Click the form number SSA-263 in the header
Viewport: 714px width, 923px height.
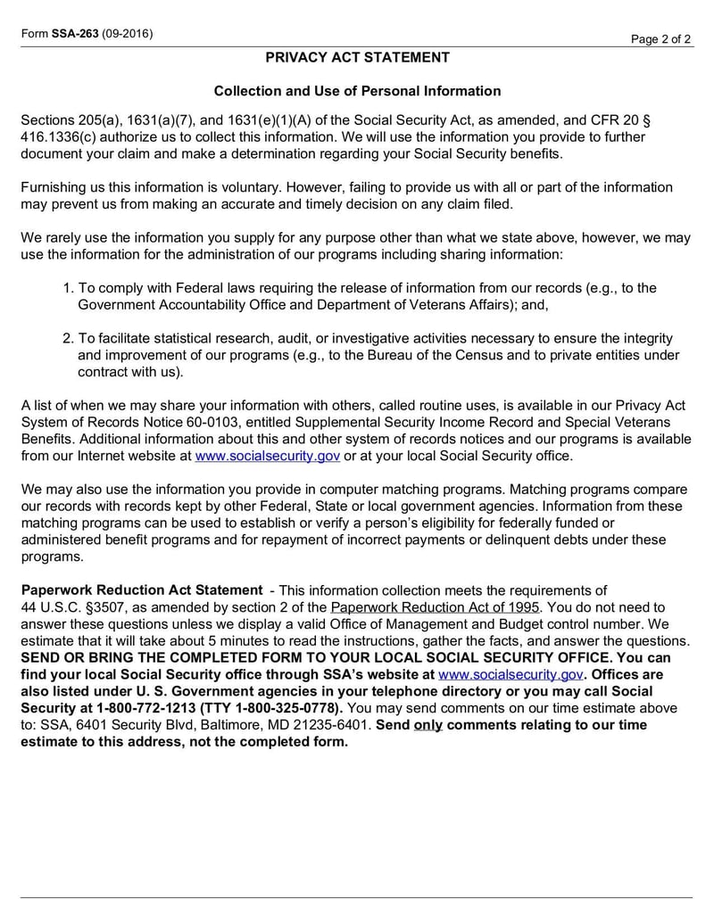click(x=74, y=34)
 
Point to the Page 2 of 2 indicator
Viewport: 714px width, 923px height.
click(x=661, y=39)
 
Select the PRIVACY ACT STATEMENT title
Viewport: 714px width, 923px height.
click(x=357, y=58)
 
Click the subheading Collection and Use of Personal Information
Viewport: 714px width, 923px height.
click(x=357, y=91)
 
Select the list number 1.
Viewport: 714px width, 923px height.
click(x=68, y=288)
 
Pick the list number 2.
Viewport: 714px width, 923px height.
click(x=68, y=339)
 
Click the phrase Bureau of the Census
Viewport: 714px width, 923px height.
click(x=475, y=355)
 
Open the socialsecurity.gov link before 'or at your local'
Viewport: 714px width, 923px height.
click(x=268, y=456)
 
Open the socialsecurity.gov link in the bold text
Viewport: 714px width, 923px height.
click(x=511, y=675)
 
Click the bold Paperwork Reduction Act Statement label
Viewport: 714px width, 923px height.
click(x=142, y=590)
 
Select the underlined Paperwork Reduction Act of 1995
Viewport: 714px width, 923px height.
click(x=436, y=607)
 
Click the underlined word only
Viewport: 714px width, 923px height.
click(x=428, y=725)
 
